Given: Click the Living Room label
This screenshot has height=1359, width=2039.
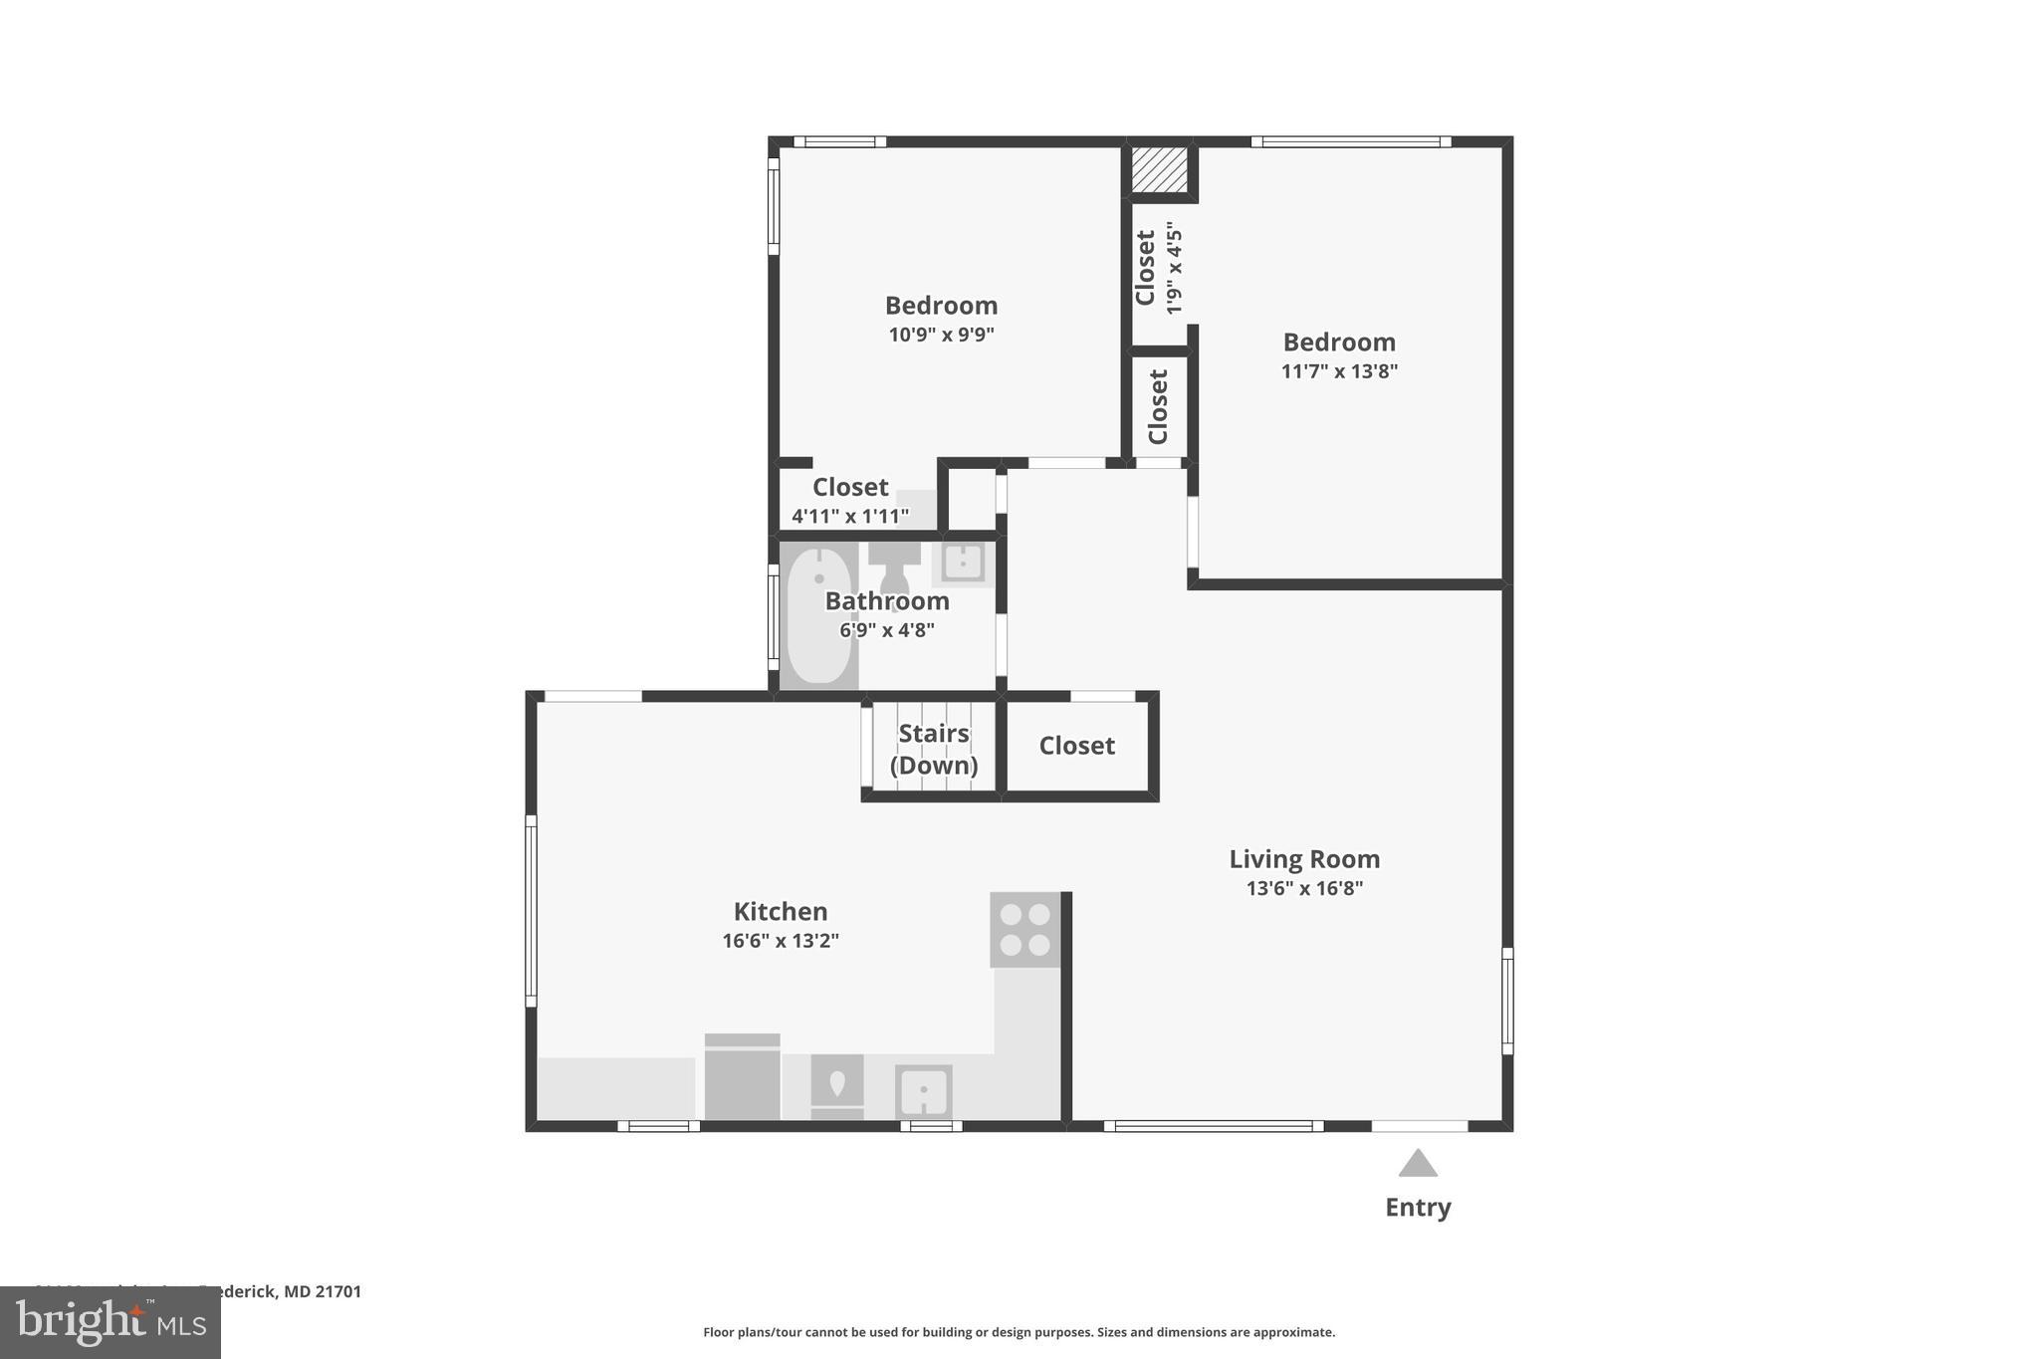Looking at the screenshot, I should coord(1304,859).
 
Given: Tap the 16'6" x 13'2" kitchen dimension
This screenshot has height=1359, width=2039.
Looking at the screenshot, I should coord(781,941).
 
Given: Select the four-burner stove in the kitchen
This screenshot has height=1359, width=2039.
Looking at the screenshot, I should coord(1024,930).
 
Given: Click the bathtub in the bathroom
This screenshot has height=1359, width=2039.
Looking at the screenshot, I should coord(818,616).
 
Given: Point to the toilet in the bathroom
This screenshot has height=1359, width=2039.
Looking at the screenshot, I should coord(893,565).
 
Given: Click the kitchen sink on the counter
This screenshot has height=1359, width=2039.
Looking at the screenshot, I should coord(923,1091).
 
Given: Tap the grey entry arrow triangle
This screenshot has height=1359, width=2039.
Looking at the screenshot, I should coord(1418,1164).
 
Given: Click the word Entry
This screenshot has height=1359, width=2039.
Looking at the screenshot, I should coord(1418,1208).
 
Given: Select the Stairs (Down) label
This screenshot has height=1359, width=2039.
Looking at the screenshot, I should coord(933,750).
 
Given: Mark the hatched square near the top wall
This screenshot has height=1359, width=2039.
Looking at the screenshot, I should coord(1160,170).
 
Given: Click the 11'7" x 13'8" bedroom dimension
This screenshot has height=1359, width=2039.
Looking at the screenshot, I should coord(1339,371).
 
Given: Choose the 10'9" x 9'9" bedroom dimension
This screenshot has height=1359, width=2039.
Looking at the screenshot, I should coord(941,335).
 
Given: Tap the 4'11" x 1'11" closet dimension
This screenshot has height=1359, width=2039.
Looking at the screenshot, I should coord(849,516).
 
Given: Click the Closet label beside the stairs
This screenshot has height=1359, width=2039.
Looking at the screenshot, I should coord(1076,746).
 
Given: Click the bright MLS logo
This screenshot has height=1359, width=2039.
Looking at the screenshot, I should coord(110,1323).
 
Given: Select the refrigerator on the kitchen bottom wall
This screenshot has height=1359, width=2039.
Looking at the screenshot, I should coord(742,1078).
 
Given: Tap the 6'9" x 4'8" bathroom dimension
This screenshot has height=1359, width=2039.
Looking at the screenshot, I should coord(886,630).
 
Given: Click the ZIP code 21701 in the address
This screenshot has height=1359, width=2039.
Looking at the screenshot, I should coord(339,1291).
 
